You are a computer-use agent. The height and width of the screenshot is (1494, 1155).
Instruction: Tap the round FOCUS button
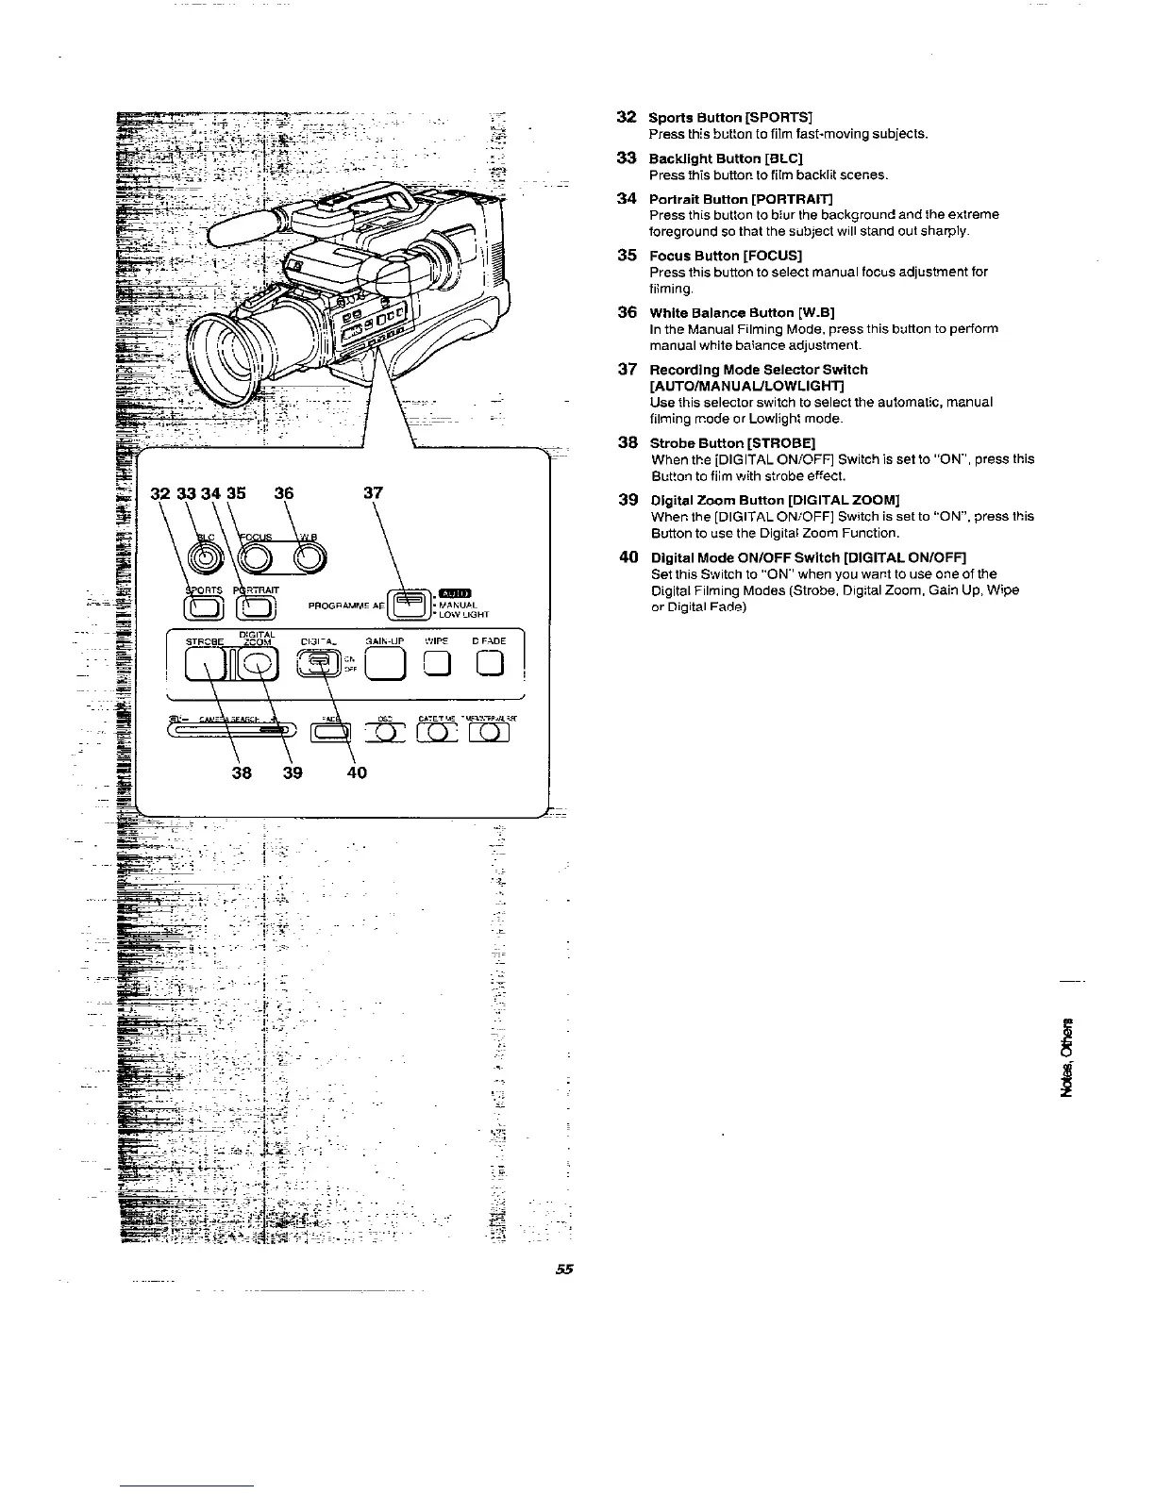click(258, 559)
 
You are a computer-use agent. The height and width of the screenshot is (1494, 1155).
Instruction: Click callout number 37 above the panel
click(373, 492)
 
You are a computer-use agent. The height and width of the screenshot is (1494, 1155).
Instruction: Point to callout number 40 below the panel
click(355, 772)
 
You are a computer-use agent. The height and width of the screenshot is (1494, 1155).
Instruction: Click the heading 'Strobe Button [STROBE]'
click(733, 442)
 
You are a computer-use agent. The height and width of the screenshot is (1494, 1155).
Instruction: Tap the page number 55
click(564, 1269)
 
